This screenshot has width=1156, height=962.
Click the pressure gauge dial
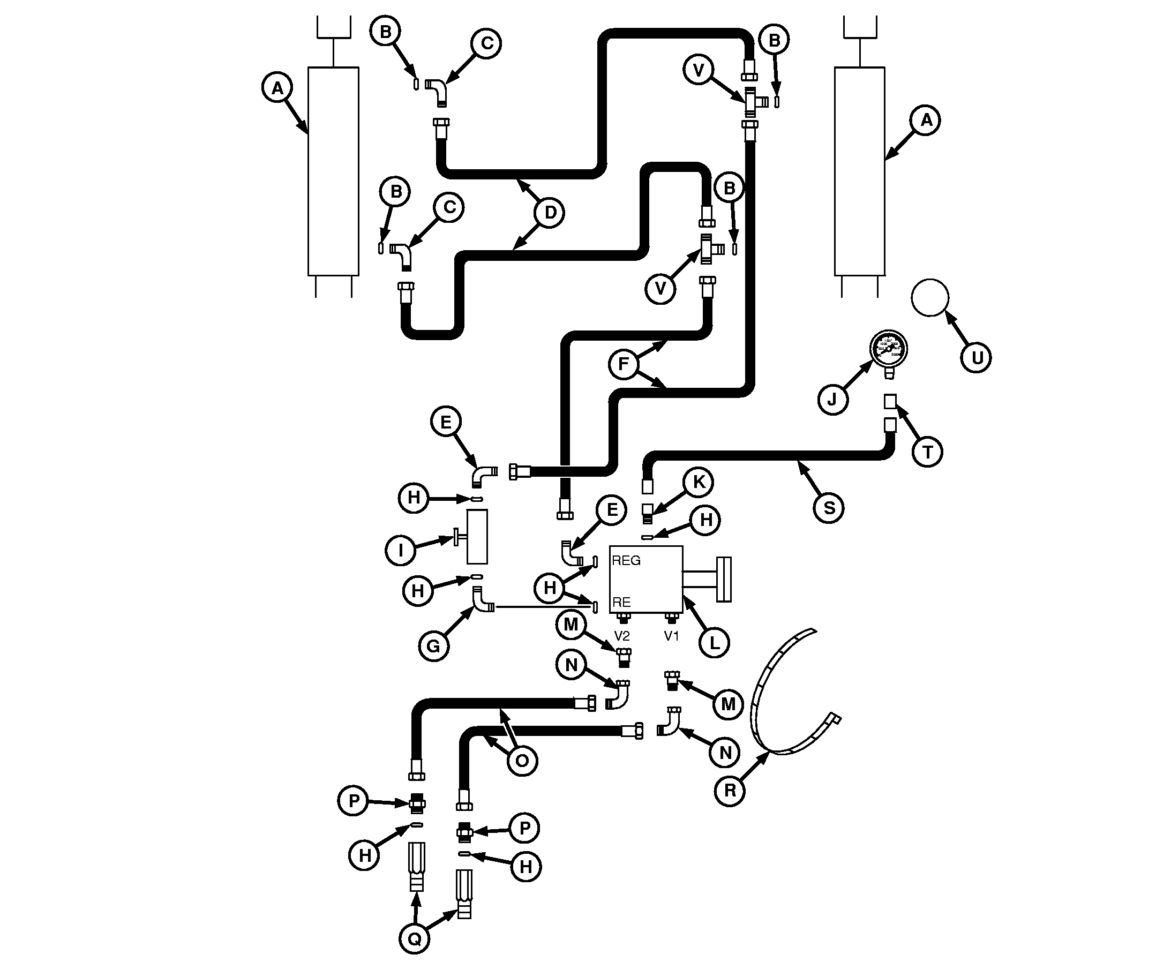click(x=888, y=349)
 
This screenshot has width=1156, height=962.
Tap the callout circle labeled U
click(x=976, y=358)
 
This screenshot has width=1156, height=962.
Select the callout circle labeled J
click(x=832, y=399)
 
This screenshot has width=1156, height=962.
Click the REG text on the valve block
click(x=626, y=561)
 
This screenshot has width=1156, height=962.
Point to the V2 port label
click(x=621, y=636)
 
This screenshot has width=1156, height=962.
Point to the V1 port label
click(x=672, y=636)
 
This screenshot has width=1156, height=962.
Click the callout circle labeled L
click(x=714, y=642)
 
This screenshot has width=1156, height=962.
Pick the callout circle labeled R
click(x=730, y=791)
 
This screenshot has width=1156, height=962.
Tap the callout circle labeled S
click(x=829, y=508)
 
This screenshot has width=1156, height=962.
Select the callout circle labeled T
click(x=928, y=452)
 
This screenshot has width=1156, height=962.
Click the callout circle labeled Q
click(x=414, y=939)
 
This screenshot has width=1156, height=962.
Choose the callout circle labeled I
click(x=400, y=550)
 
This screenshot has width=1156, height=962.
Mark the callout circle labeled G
click(x=434, y=645)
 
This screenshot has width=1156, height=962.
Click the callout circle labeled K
click(x=699, y=482)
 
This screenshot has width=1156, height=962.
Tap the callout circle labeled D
click(x=550, y=213)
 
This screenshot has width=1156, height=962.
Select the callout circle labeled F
click(x=623, y=364)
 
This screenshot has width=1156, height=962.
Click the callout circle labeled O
click(x=521, y=761)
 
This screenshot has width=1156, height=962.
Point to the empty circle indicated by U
click(x=930, y=298)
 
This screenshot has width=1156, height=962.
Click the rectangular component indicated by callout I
click(x=477, y=537)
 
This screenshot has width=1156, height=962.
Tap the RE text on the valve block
click(x=621, y=602)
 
